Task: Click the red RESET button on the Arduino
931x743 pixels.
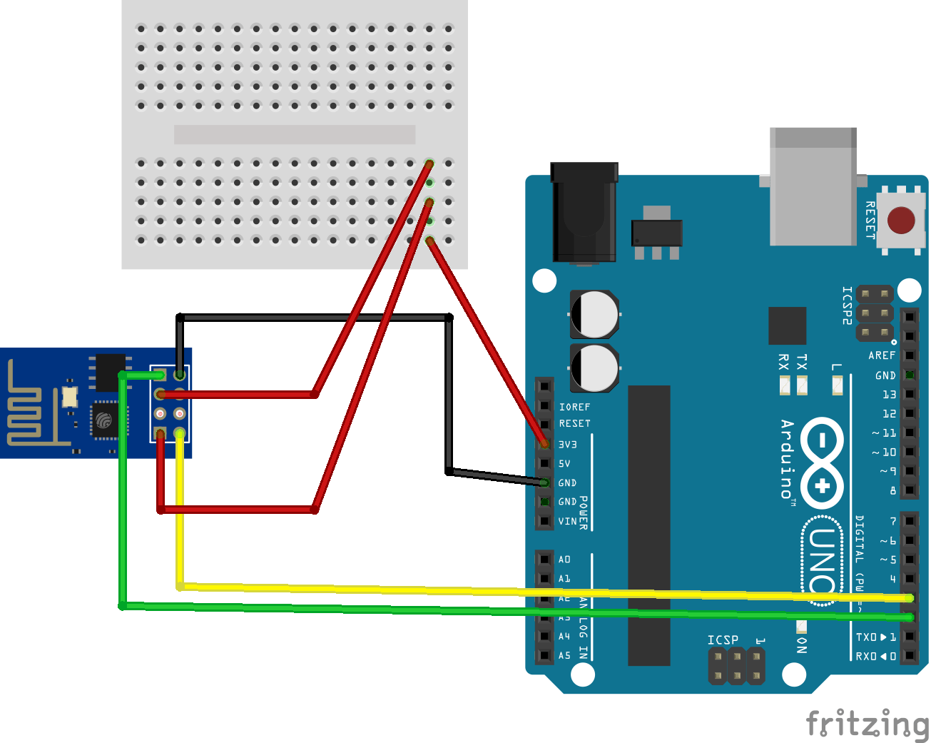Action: [x=901, y=221]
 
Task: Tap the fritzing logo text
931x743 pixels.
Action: [x=867, y=724]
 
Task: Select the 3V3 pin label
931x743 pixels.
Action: [x=568, y=445]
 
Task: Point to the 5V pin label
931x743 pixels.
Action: [x=564, y=464]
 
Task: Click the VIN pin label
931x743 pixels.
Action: [x=568, y=522]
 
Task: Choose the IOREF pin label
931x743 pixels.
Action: [x=574, y=407]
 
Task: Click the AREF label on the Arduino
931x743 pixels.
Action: [x=882, y=355]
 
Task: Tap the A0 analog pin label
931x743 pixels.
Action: [x=564, y=560]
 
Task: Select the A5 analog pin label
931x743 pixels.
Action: [x=564, y=655]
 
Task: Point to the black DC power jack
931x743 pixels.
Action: [x=584, y=212]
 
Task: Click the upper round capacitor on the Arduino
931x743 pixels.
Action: [x=594, y=314]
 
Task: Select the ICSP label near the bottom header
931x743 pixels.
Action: [x=723, y=640]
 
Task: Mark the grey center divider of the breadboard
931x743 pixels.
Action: [x=295, y=134]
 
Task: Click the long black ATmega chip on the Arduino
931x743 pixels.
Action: [x=648, y=525]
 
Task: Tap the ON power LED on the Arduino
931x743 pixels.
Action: [x=801, y=627]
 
